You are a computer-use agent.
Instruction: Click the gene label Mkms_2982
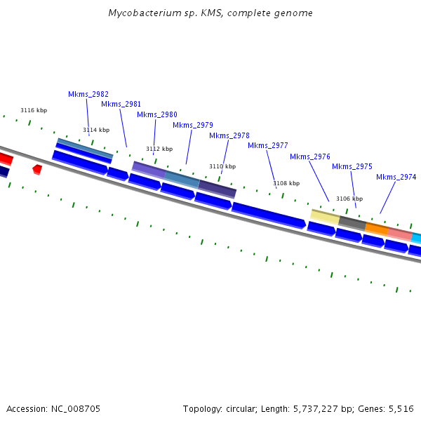[88, 94]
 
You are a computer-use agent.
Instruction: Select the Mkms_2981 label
[121, 104]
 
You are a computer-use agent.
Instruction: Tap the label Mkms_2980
[156, 114]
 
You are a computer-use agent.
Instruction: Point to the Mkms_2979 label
[193, 125]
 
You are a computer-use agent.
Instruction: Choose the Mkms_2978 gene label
[229, 135]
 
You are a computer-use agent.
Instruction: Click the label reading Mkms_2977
[267, 145]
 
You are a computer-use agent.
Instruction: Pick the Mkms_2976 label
[309, 156]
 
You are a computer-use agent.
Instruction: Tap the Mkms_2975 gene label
[352, 166]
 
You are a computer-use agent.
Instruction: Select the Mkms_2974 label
[396, 177]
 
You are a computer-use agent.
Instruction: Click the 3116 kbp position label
[34, 110]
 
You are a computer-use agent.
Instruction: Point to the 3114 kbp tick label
[96, 130]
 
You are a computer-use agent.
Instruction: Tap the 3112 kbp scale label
[159, 149]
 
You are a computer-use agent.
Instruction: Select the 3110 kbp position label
[222, 166]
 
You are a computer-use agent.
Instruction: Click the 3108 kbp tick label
[286, 183]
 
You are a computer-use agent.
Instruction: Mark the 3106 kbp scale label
[349, 199]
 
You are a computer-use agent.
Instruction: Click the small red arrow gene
[37, 169]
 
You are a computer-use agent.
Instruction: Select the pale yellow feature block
[325, 215]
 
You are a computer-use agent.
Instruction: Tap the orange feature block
[377, 229]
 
